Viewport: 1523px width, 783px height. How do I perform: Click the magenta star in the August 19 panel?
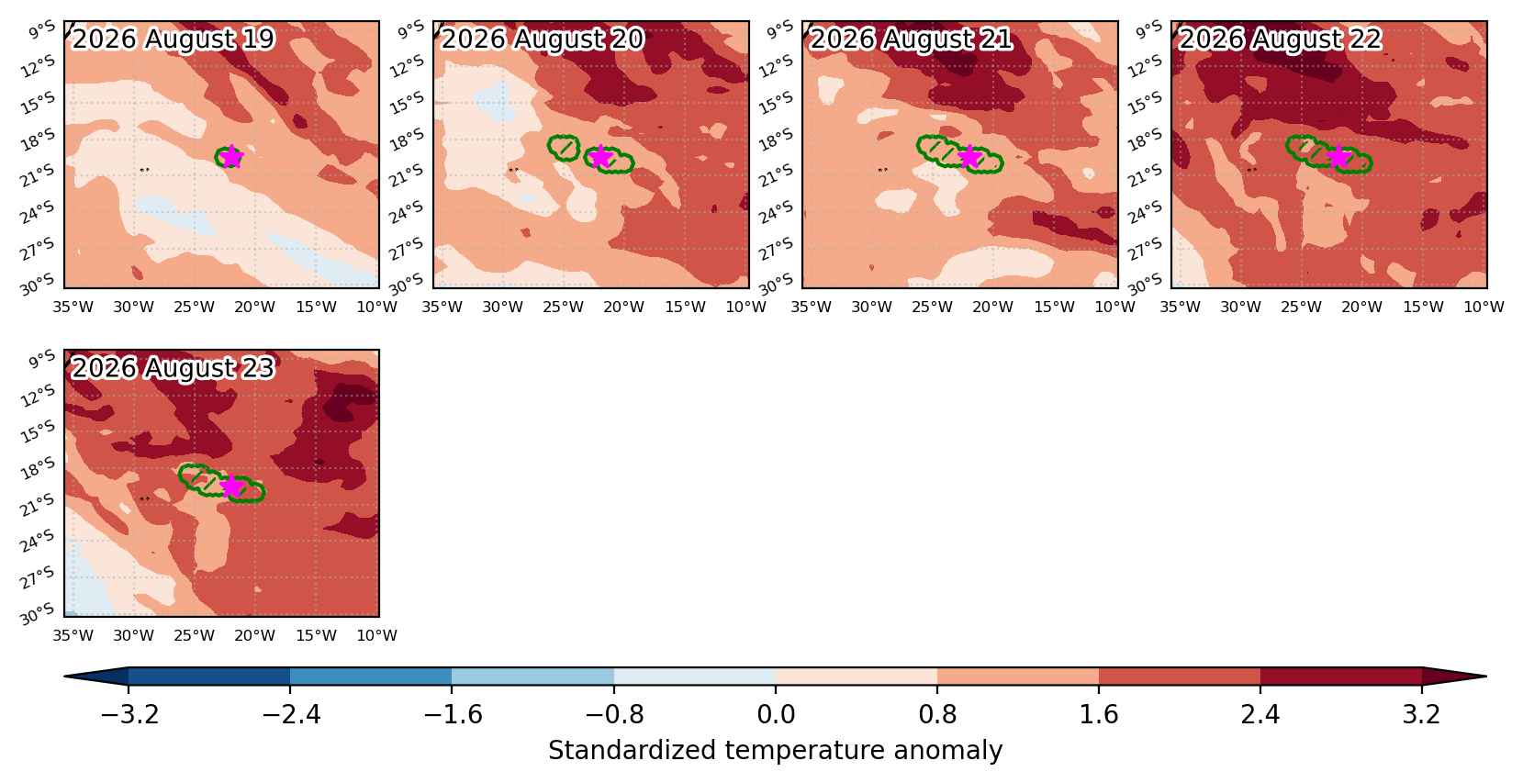[x=231, y=157]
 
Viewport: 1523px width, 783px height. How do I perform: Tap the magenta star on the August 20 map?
[x=600, y=157]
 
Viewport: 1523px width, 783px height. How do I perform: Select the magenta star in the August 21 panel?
[x=969, y=157]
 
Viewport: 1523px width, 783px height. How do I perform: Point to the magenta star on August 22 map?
[x=1338, y=157]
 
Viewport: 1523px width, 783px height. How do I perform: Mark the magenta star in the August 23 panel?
[x=231, y=486]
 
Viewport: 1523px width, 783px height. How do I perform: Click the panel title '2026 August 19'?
[x=174, y=39]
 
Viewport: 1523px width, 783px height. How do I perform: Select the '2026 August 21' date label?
[x=911, y=39]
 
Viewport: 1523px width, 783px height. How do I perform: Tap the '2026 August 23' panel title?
[x=174, y=368]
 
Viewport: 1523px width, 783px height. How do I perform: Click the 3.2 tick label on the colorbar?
[x=1421, y=714]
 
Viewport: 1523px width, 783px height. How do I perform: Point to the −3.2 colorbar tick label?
[x=129, y=714]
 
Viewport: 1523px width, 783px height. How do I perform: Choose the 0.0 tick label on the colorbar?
[x=776, y=714]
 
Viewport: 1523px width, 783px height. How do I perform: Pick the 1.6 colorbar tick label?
[x=1099, y=714]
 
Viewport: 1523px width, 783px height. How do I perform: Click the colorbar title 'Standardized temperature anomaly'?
[x=775, y=750]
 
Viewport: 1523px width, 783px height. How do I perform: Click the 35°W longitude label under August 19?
[x=73, y=308]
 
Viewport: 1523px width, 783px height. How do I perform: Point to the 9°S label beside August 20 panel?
[x=410, y=29]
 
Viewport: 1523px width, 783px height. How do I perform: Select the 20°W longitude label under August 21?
[x=992, y=308]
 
